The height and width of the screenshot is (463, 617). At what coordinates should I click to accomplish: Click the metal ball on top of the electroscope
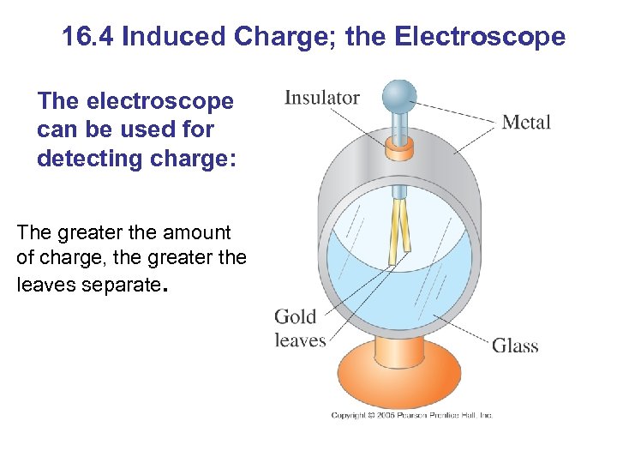pyautogui.click(x=399, y=95)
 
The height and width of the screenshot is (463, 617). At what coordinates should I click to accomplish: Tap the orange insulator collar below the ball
pyautogui.click(x=399, y=150)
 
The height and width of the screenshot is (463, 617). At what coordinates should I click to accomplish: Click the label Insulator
pyautogui.click(x=322, y=98)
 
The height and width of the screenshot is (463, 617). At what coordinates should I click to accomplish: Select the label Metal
pyautogui.click(x=526, y=123)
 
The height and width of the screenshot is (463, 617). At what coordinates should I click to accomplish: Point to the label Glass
pyautogui.click(x=515, y=346)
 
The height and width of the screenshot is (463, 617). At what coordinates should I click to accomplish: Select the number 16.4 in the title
pyautogui.click(x=89, y=37)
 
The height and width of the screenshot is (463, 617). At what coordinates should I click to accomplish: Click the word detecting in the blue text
pyautogui.click(x=91, y=159)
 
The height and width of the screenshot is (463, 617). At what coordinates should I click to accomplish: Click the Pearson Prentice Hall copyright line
pyautogui.click(x=412, y=416)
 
